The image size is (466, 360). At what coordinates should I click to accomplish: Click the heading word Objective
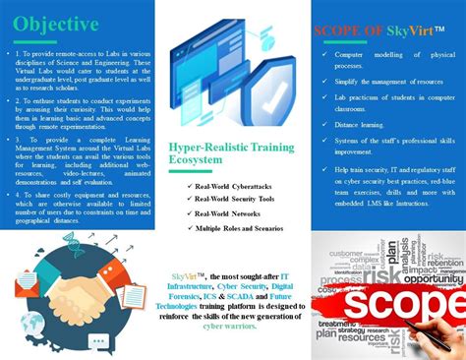[56, 23]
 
